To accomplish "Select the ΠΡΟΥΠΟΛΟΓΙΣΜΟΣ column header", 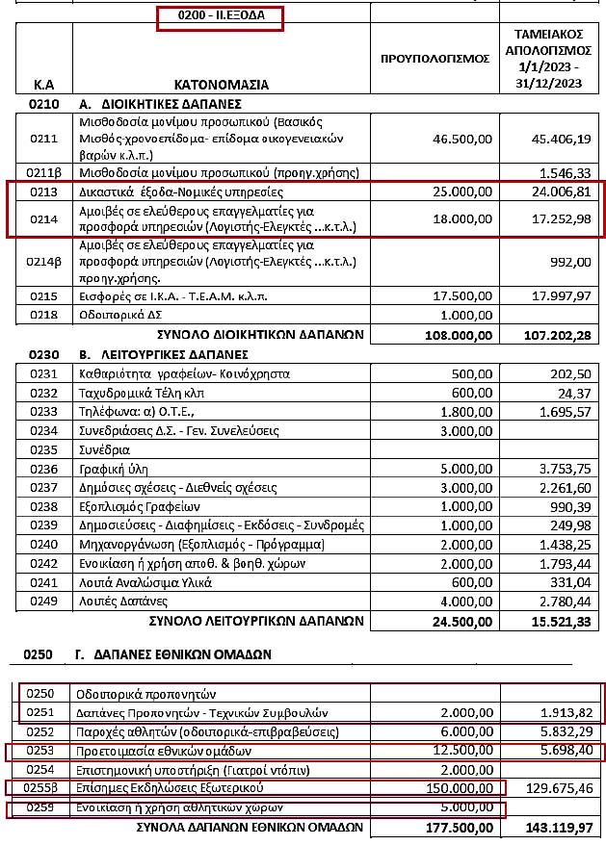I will (x=435, y=59).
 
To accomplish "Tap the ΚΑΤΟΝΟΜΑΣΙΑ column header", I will (x=222, y=84).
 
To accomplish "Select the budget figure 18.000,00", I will (x=464, y=218).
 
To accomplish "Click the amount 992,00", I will (x=571, y=260).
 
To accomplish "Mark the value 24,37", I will (x=575, y=393).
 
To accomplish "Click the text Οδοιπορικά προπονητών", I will (x=143, y=694).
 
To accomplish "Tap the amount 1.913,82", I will (x=564, y=713).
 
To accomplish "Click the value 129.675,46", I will (x=556, y=788).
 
